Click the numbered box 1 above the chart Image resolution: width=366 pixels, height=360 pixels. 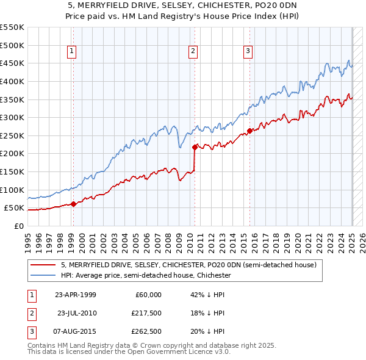[x=72, y=51]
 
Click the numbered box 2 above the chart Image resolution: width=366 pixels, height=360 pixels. [x=193, y=51]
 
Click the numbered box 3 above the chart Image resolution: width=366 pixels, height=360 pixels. [x=249, y=51]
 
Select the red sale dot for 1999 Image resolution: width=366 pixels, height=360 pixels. [x=73, y=204]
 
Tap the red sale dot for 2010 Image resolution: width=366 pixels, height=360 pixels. [x=195, y=147]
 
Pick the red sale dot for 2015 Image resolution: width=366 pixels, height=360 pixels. [x=249, y=131]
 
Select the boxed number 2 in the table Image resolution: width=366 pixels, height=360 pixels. [x=30, y=313]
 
